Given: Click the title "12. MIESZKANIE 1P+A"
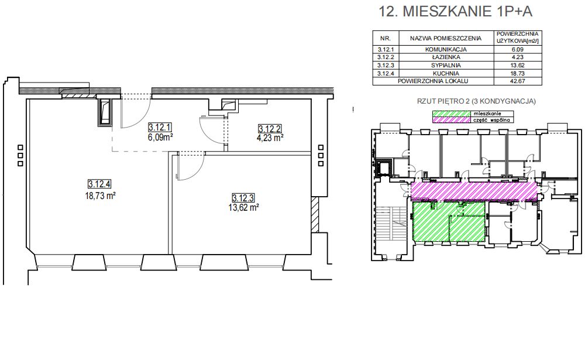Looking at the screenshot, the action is [x=455, y=11].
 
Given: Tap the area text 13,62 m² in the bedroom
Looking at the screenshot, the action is [x=244, y=207].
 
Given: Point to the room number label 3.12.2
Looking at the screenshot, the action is [x=270, y=129].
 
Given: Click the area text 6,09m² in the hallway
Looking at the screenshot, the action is [x=160, y=137].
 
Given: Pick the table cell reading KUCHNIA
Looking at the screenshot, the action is [x=445, y=74].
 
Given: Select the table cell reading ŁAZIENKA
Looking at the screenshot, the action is [x=445, y=57].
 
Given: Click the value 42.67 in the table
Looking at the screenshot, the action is [x=518, y=81].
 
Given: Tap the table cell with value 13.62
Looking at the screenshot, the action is [x=518, y=65].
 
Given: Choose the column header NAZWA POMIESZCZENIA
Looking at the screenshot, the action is [x=445, y=38].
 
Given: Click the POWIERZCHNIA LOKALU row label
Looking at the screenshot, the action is [x=433, y=81].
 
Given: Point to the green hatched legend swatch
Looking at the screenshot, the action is [x=451, y=114].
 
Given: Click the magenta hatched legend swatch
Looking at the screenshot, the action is [x=451, y=120].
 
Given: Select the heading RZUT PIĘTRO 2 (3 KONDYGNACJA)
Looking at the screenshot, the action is [x=476, y=101].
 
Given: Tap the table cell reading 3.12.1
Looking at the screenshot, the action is [x=385, y=50].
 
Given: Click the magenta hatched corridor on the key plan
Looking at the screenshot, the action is [x=474, y=191].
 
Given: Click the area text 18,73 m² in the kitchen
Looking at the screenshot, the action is [x=99, y=196].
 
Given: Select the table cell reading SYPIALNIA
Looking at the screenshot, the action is [x=445, y=65].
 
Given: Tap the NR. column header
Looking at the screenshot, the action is [x=385, y=38].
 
